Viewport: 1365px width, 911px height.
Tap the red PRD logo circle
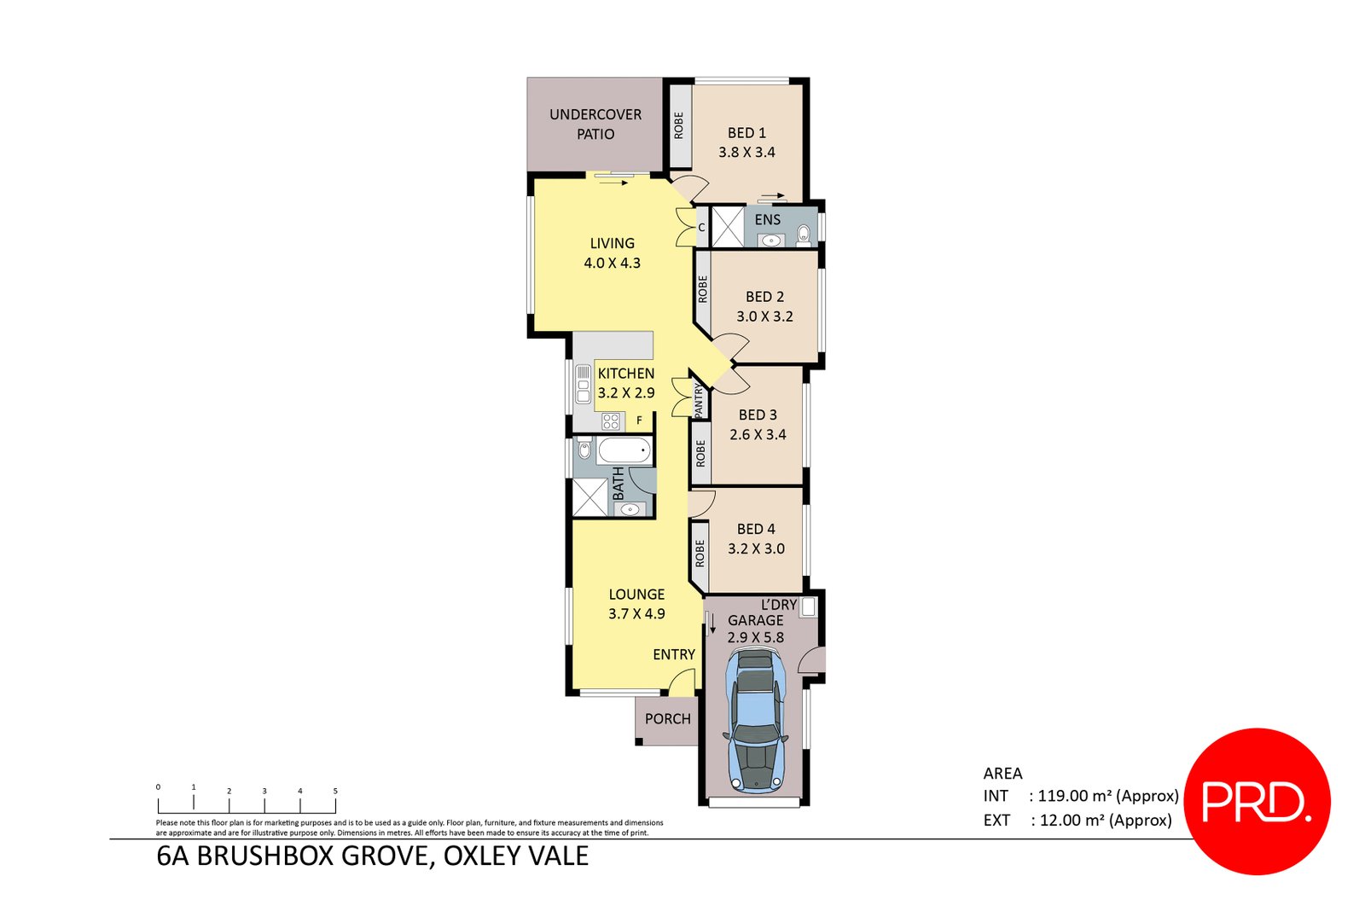pyautogui.click(x=1258, y=801)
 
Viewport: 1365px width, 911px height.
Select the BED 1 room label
pyautogui.click(x=746, y=133)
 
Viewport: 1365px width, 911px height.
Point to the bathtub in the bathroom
pyautogui.click(x=624, y=450)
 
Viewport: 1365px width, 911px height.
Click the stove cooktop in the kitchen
pyautogui.click(x=611, y=421)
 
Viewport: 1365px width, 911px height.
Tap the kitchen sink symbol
pyautogui.click(x=584, y=384)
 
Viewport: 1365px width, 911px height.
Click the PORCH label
pyautogui.click(x=667, y=719)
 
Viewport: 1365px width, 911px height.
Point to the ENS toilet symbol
pyautogui.click(x=803, y=234)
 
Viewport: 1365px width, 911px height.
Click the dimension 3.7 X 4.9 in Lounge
pyautogui.click(x=636, y=614)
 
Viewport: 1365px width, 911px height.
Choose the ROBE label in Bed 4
pyautogui.click(x=700, y=554)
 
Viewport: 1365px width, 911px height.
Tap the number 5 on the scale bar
pyautogui.click(x=335, y=791)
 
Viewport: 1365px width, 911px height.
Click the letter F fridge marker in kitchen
pyautogui.click(x=639, y=421)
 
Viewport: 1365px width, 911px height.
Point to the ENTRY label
pyautogui.click(x=673, y=654)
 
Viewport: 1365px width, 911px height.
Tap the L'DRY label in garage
pyautogui.click(x=778, y=605)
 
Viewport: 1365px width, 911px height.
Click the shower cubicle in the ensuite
pyautogui.click(x=728, y=226)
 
